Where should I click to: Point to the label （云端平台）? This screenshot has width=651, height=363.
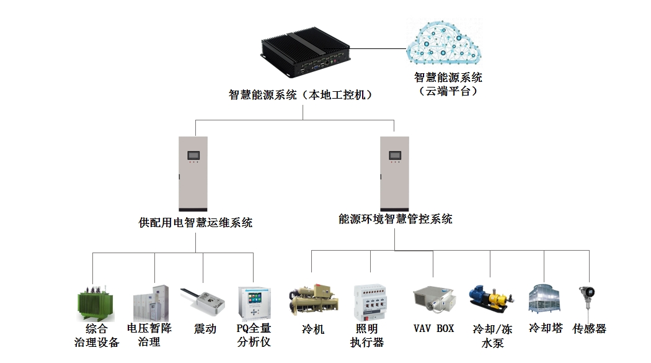point(448,91)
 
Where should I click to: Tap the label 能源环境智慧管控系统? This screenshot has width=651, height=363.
point(396,219)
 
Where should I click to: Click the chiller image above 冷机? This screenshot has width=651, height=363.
point(312,301)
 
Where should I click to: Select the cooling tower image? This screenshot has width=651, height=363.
point(544,300)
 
